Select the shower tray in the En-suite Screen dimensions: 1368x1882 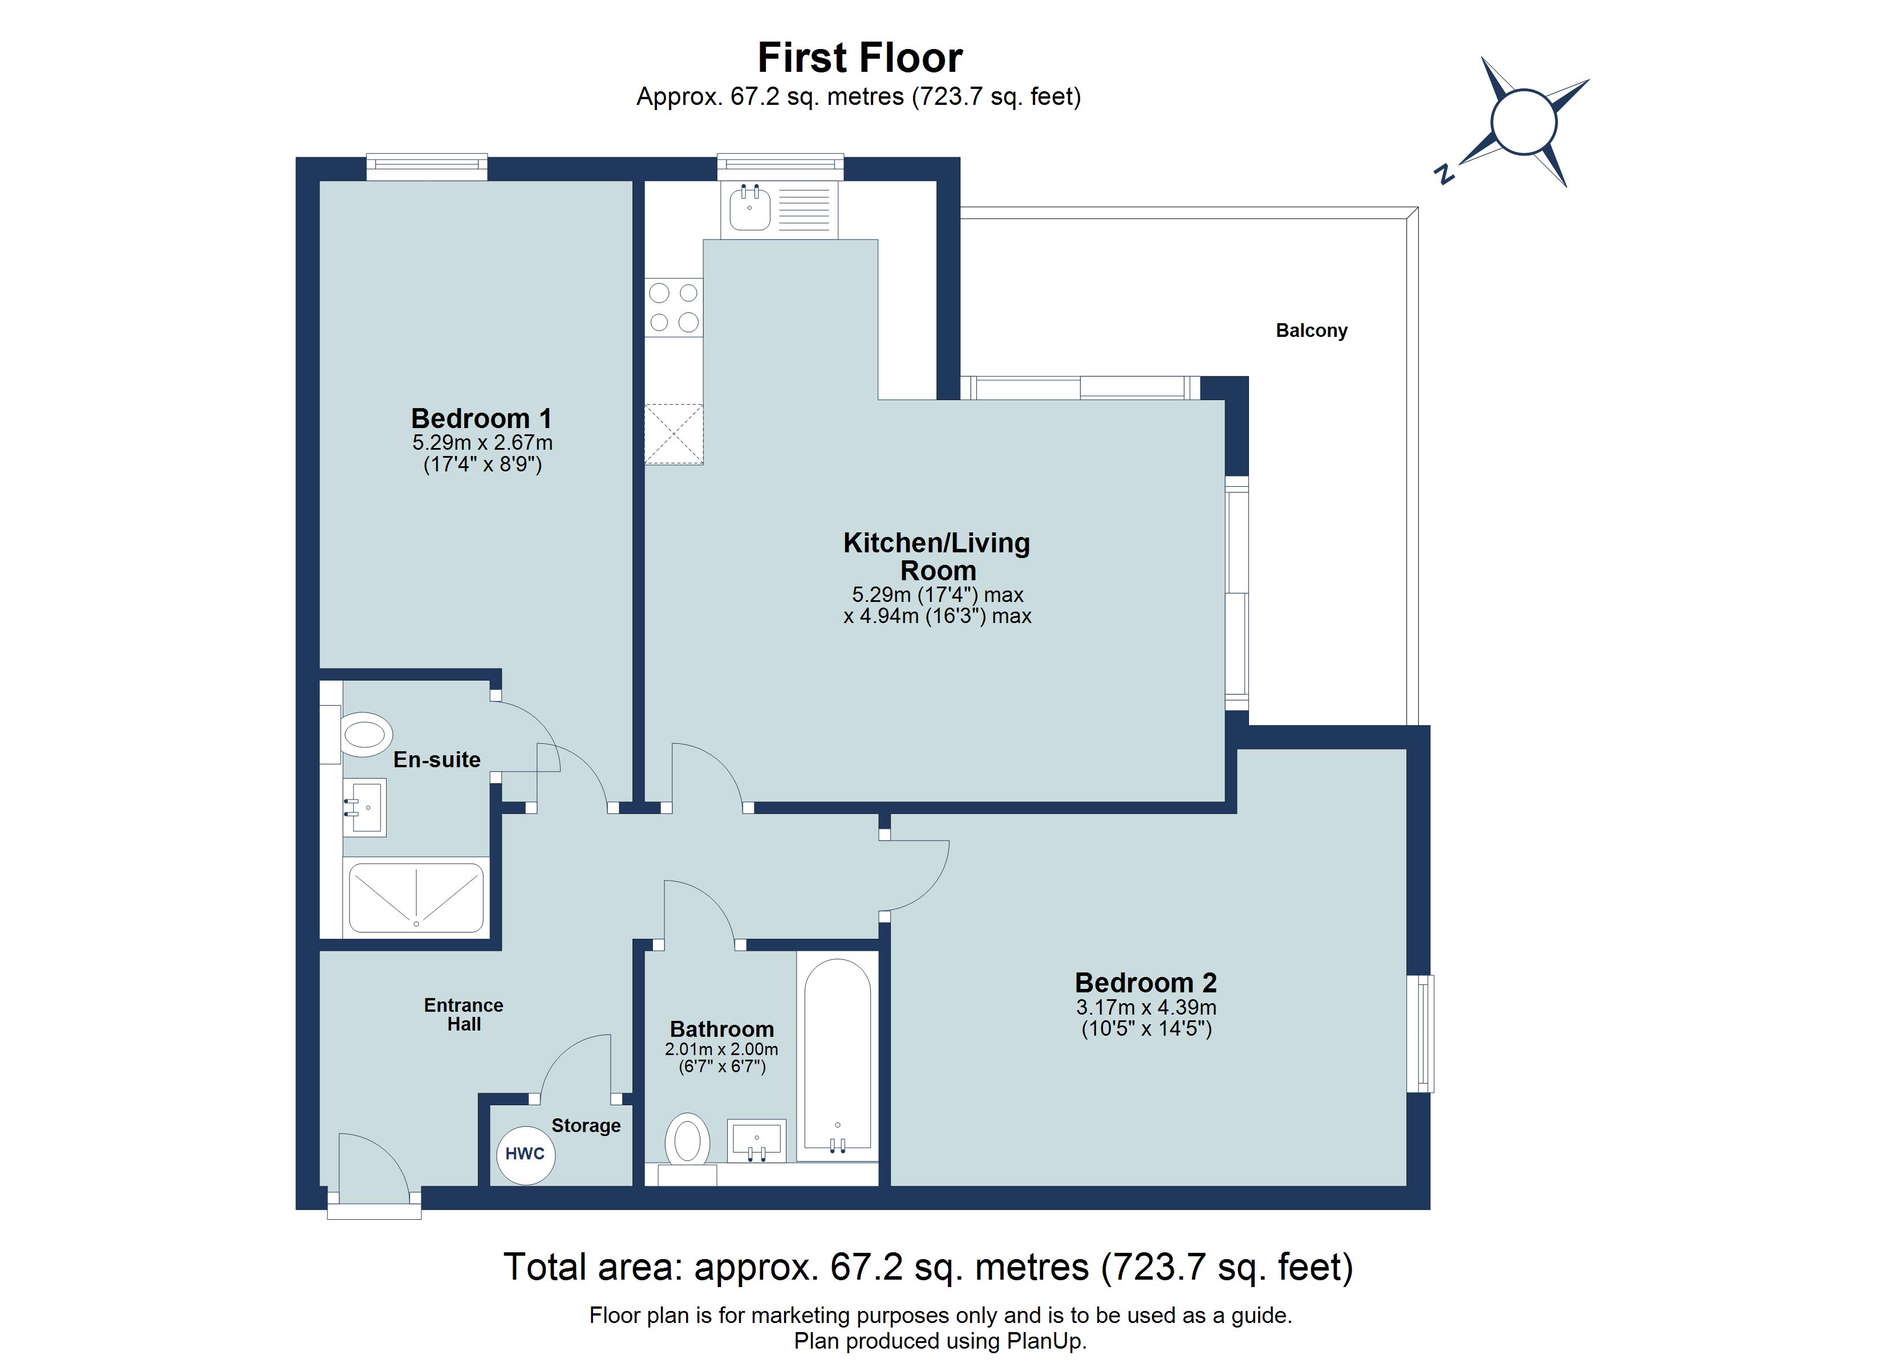pos(416,898)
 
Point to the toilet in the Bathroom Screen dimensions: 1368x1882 pos(687,1141)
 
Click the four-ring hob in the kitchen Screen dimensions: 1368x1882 pos(674,307)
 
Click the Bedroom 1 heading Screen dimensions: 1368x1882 pos(481,418)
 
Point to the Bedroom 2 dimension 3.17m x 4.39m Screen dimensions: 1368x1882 pos(1146,1008)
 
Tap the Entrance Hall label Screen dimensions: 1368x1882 pos(463,1014)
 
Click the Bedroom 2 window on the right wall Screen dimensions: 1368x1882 pos(1421,1033)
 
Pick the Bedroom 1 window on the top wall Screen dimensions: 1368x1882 pos(427,167)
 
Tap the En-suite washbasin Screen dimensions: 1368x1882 pos(364,807)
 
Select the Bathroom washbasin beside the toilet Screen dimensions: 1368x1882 pos(756,1140)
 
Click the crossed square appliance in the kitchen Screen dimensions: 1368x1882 pos(674,433)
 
